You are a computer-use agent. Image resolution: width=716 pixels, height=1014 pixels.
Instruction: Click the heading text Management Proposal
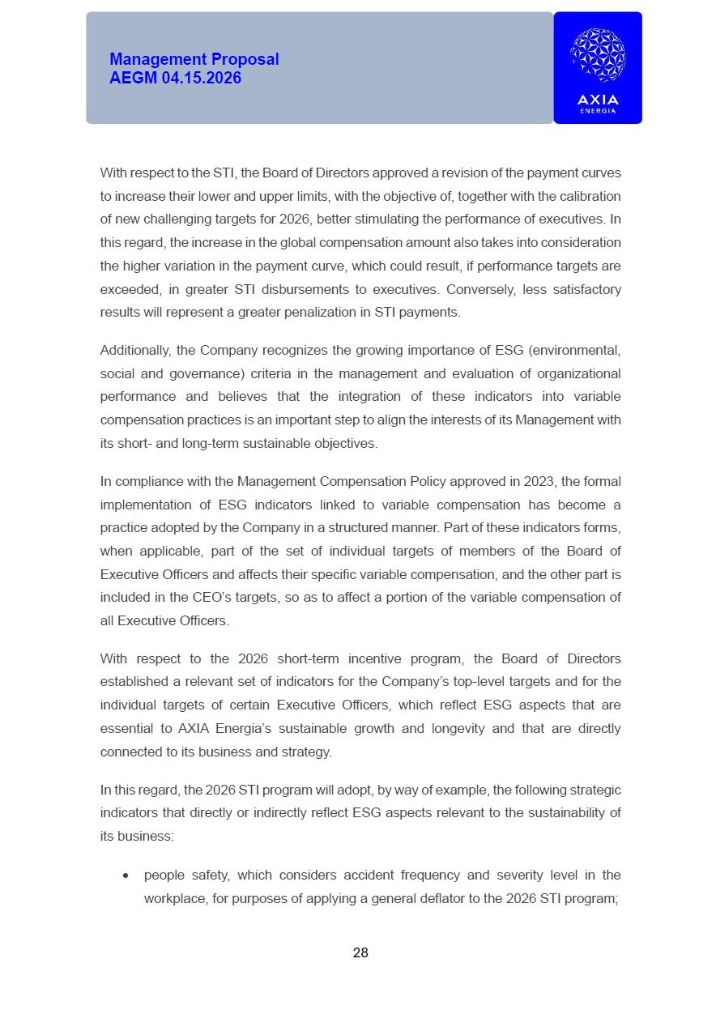194,59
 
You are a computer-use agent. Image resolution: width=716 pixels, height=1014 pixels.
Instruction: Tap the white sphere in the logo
598,56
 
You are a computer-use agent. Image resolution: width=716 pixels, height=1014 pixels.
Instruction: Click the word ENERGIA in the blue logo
598,111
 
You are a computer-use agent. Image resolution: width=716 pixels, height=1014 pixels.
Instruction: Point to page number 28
360,952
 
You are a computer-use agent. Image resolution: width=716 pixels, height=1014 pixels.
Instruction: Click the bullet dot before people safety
125,876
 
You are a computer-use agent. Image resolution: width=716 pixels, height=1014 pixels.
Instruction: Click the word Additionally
135,350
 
